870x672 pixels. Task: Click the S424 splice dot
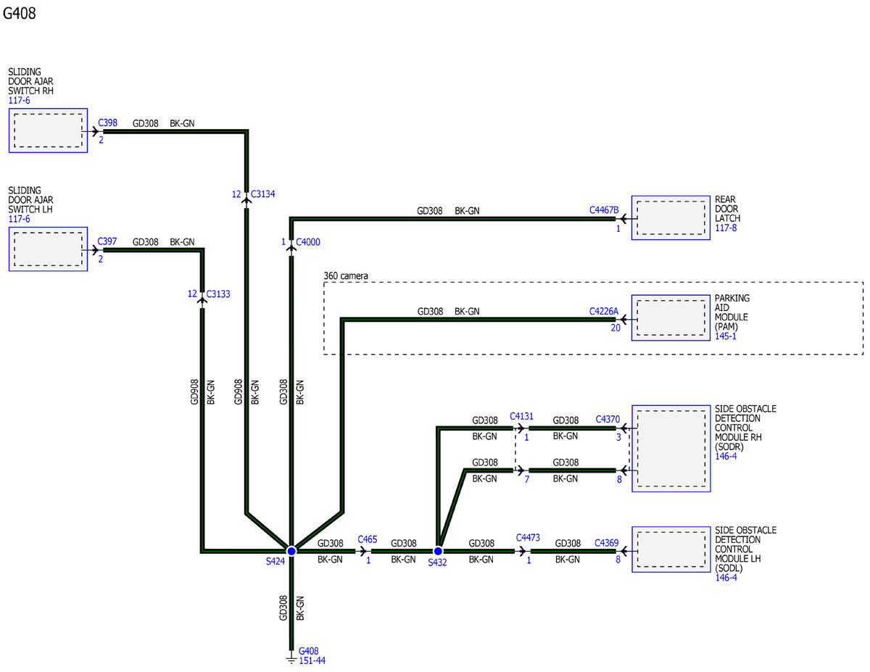(291, 551)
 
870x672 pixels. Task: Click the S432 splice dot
(438, 551)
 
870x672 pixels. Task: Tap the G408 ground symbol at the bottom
(291, 660)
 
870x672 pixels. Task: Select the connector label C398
(108, 123)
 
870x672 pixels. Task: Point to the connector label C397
(107, 241)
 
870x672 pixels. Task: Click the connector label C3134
(262, 194)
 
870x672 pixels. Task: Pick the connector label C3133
(218, 294)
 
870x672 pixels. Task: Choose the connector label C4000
(308, 242)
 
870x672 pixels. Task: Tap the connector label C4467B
(604, 210)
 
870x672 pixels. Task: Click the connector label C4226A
(604, 312)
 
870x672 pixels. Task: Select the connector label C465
(368, 539)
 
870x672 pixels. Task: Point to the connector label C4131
(522, 417)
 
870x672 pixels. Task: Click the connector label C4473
(528, 538)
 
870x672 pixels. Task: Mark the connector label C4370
(608, 420)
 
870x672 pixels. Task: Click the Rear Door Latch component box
(671, 217)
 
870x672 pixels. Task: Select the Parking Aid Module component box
(671, 318)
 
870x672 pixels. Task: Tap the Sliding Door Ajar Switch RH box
(48, 130)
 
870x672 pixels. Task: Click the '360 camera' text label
(346, 275)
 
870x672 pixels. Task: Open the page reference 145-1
(726, 336)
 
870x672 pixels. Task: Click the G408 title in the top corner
(20, 13)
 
